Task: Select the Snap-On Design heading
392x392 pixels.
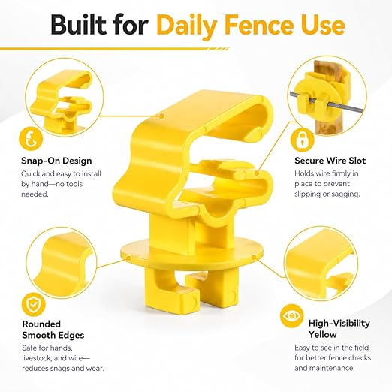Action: pyautogui.click(x=56, y=161)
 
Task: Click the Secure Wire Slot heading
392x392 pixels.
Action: pyautogui.click(x=330, y=161)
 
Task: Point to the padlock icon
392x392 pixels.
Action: pyautogui.click(x=302, y=140)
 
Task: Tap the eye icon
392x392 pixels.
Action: pyautogui.click(x=291, y=316)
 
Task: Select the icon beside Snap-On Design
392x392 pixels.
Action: pyautogui.click(x=31, y=139)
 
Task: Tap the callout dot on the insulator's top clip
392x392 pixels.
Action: pyautogui.click(x=162, y=116)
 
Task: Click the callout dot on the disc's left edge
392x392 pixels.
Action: pyautogui.click(x=128, y=258)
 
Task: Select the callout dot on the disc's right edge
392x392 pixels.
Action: pyautogui.click(x=254, y=257)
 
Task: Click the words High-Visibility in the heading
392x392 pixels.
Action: pyautogui.click(x=339, y=323)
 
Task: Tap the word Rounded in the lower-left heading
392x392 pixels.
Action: pyautogui.click(x=41, y=324)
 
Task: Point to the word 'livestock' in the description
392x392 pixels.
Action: pyautogui.click(x=37, y=358)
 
